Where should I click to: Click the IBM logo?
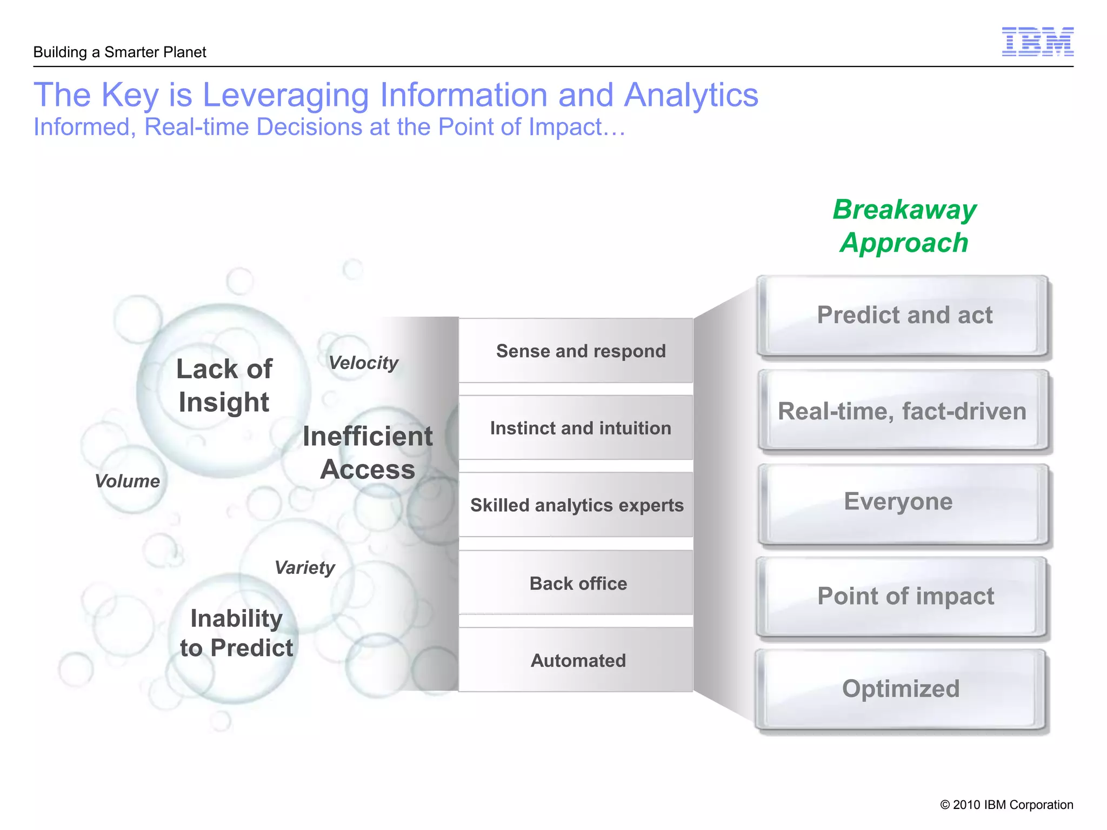point(1037,42)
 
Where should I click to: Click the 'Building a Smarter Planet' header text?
point(119,52)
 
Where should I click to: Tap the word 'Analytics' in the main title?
point(691,95)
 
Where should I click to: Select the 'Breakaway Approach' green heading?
point(904,226)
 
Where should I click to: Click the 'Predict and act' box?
point(904,316)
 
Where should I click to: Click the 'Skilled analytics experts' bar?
point(576,505)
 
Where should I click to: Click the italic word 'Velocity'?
point(363,363)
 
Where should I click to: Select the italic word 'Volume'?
point(127,481)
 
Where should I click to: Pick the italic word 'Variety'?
point(304,568)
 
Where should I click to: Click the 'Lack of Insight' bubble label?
point(224,386)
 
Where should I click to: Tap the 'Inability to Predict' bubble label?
point(236,633)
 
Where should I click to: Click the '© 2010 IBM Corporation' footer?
point(1006,805)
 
